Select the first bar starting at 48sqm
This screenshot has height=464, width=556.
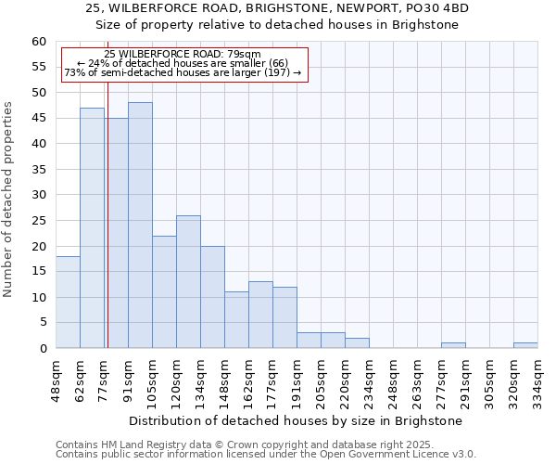tap(68, 303)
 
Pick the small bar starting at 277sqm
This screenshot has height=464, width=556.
tap(453, 345)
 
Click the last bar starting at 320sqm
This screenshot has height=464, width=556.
tap(525, 345)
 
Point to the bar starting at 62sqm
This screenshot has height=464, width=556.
tap(92, 228)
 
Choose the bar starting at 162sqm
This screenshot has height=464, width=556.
tap(260, 315)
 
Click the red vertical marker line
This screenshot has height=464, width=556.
tap(107, 232)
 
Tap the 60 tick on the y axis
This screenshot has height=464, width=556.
tap(39, 42)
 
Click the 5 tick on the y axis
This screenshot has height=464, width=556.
tap(43, 323)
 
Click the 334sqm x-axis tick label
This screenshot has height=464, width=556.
tap(538, 379)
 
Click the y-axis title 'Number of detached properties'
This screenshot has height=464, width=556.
tap(9, 200)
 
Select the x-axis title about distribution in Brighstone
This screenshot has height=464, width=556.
tap(296, 421)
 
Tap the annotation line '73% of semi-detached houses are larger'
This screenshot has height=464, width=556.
tap(183, 72)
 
